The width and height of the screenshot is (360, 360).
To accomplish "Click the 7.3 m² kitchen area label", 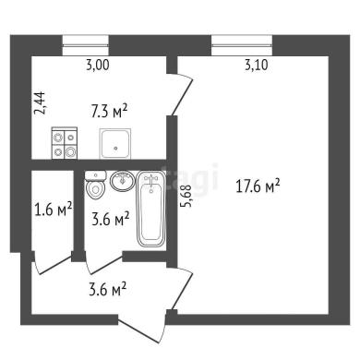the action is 109,111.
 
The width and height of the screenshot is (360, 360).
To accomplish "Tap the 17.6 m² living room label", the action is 258,186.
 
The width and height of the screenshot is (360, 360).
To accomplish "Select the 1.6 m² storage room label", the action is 54,210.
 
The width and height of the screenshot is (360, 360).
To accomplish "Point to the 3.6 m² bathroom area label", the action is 111,219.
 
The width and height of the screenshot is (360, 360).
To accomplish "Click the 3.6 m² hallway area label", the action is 108,289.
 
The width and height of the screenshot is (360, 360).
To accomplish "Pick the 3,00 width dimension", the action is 98,66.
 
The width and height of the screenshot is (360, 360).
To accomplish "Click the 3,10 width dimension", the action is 257,66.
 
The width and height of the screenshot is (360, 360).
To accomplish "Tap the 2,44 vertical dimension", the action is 41,103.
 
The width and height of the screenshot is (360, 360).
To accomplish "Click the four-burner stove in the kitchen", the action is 65,143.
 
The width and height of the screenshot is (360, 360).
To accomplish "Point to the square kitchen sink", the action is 115,144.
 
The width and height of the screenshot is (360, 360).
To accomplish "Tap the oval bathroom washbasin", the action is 123,181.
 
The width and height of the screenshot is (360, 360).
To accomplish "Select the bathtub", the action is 151,209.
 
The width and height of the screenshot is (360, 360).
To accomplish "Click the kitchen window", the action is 86,45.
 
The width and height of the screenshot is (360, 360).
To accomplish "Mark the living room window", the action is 242,45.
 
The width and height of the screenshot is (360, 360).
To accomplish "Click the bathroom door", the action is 104,263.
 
